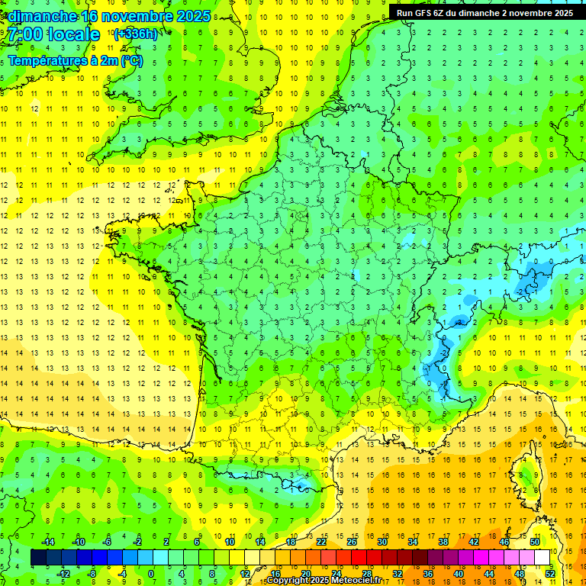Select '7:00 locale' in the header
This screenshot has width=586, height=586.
click(x=55, y=34)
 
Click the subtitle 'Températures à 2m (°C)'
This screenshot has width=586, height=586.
click(x=75, y=61)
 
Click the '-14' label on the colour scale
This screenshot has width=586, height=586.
click(x=47, y=542)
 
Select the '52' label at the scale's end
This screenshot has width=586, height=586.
click(x=549, y=573)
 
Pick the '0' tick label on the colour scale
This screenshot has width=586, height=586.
click(x=151, y=573)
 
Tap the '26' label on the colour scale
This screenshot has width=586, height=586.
click(x=352, y=542)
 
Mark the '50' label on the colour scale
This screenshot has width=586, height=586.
click(x=535, y=542)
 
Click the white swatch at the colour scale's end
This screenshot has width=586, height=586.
click(x=542, y=558)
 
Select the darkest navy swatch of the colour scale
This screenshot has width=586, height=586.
click(x=38, y=558)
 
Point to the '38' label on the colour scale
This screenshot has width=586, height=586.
click(x=443, y=542)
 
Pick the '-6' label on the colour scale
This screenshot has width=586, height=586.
click(x=107, y=542)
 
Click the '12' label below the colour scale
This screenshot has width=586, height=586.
click(x=245, y=573)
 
